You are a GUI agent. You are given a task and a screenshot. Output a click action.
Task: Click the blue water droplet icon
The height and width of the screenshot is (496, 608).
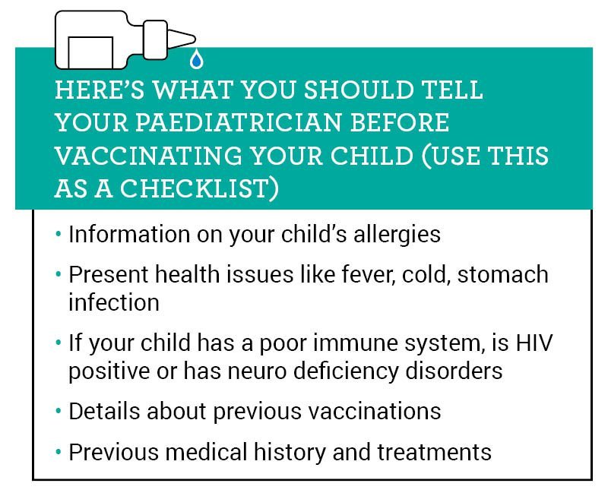(x=198, y=58)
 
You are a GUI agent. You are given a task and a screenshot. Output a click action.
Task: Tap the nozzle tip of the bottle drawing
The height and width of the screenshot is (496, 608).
(x=192, y=38)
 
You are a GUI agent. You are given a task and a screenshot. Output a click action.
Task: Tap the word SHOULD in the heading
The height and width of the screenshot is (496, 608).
(x=356, y=90)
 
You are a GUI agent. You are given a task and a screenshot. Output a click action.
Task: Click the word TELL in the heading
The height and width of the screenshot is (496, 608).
(x=451, y=90)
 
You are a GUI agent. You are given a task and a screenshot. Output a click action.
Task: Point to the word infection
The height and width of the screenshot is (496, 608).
(x=113, y=302)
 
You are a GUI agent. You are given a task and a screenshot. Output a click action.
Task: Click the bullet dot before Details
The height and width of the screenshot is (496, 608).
(x=59, y=412)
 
